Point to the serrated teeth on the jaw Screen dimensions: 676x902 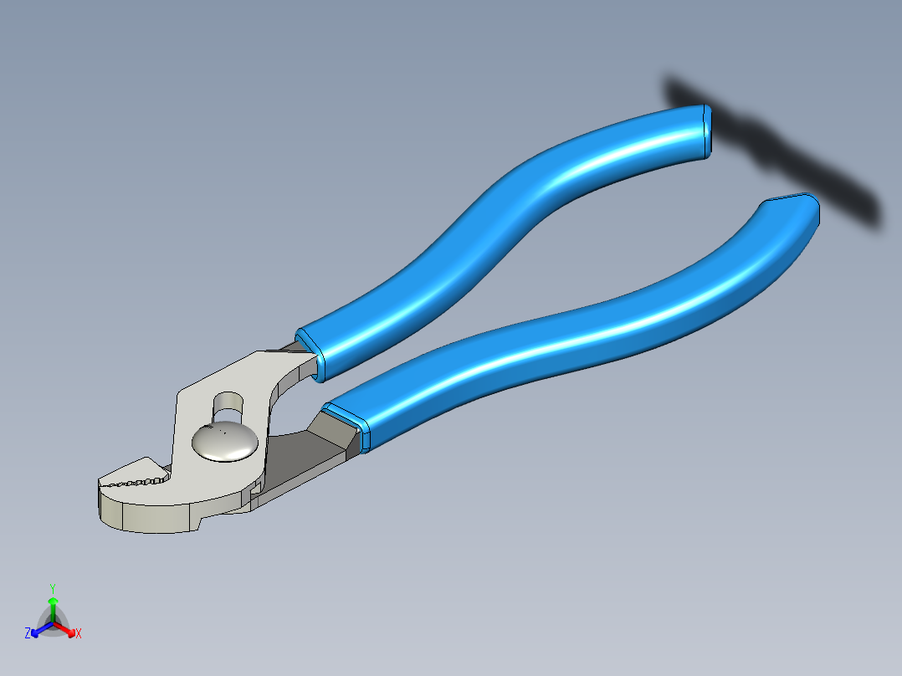[x=134, y=481]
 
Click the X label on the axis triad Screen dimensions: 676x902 [x=79, y=634]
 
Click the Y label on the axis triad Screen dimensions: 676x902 [x=52, y=588]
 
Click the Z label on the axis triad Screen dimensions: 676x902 [x=28, y=634]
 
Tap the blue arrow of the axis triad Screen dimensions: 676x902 [x=38, y=630]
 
